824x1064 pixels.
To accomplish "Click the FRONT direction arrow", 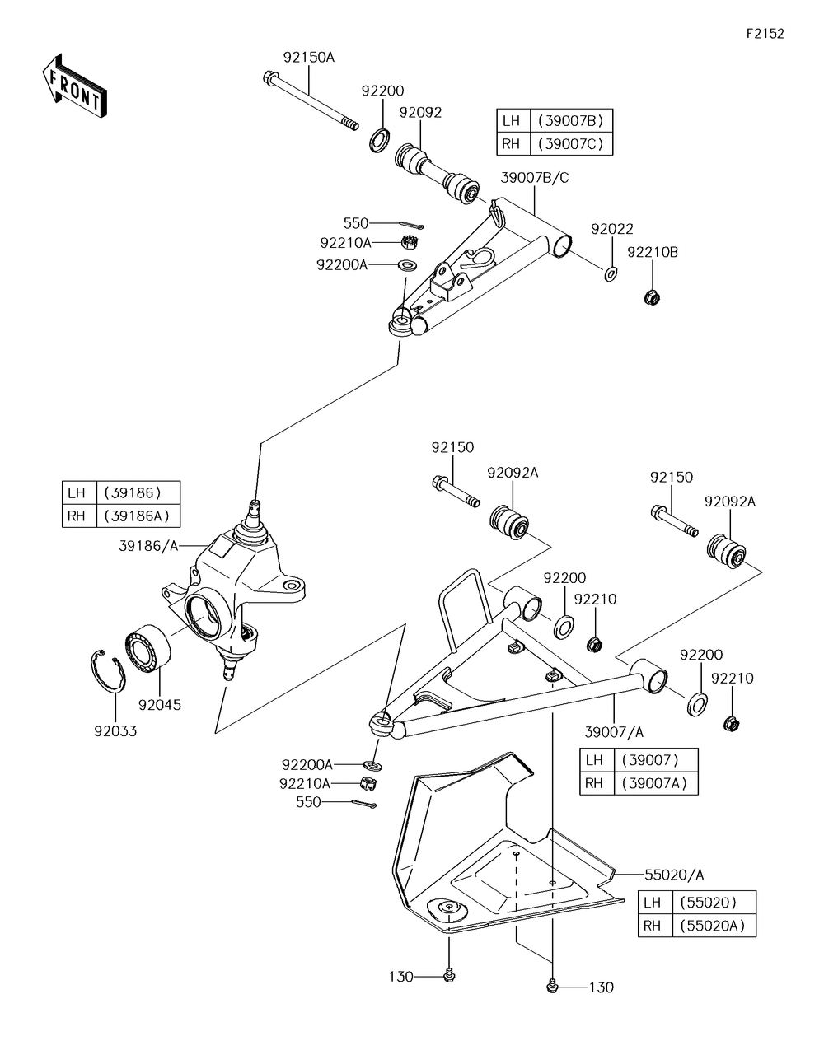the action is point(74,86).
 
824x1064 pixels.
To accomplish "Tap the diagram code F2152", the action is point(765,34).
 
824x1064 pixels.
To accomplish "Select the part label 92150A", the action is point(309,58).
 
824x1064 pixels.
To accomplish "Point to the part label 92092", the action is point(420,113).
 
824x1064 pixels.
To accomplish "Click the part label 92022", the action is point(612,229).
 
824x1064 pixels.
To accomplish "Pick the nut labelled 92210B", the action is point(652,296).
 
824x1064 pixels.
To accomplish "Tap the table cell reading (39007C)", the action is point(571,144).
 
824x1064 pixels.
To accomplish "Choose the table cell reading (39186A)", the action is point(138,516).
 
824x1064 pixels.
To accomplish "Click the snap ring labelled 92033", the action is point(108,671).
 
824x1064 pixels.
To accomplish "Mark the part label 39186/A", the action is point(148,546).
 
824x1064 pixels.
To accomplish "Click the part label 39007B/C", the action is point(535,178).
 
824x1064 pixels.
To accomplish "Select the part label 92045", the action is point(160,705).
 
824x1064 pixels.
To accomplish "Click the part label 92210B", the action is point(653,252).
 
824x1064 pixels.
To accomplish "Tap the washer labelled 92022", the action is point(611,274).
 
